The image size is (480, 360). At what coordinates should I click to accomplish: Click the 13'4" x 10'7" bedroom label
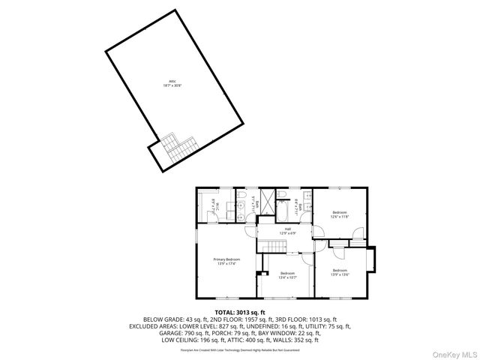click(288, 275)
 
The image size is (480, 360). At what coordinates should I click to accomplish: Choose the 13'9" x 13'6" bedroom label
click(339, 272)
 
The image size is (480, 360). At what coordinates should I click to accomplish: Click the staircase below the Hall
click(269, 247)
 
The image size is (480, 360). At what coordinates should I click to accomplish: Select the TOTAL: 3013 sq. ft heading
click(240, 312)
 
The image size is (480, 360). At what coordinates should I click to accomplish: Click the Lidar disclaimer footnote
click(239, 349)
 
